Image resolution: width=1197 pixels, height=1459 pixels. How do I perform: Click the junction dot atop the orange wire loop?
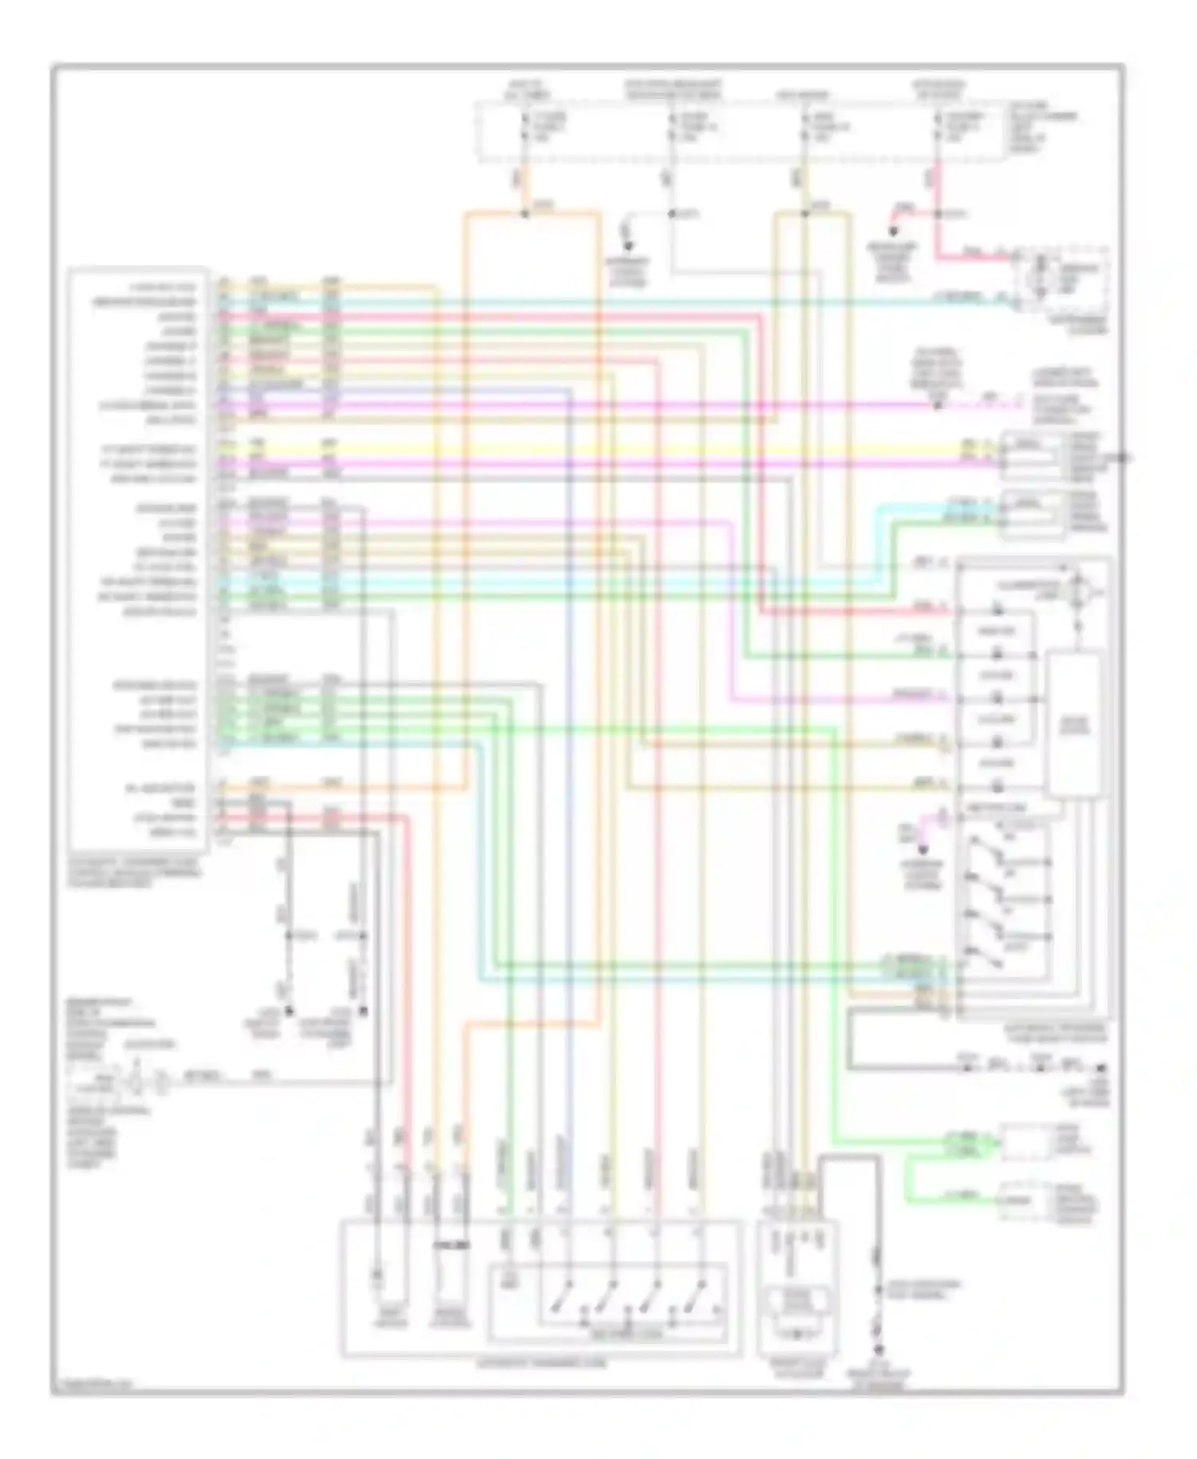(524, 213)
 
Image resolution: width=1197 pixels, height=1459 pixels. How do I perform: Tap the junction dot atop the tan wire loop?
(804, 213)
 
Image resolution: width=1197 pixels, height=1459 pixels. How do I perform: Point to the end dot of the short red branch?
(893, 232)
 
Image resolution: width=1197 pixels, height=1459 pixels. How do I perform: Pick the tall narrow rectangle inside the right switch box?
(1074, 724)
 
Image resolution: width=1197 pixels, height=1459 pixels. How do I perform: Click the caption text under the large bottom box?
(541, 1364)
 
